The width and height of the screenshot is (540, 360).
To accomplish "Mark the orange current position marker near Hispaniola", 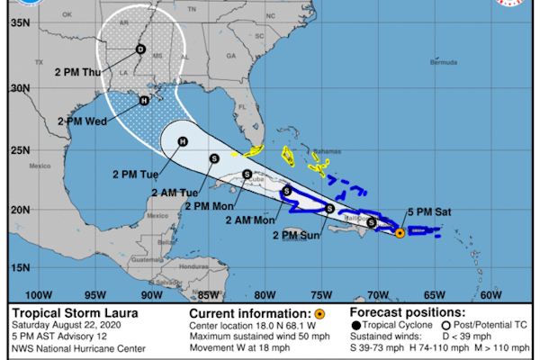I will point(400,233).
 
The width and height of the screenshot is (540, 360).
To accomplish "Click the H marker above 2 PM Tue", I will point(182,141).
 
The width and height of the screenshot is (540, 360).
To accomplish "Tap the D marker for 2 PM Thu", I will point(139,49).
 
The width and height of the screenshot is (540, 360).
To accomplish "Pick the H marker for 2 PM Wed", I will point(144,101).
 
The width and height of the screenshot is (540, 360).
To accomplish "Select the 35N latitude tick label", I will point(18,20).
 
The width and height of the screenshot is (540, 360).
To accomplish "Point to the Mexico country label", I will point(39,166).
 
